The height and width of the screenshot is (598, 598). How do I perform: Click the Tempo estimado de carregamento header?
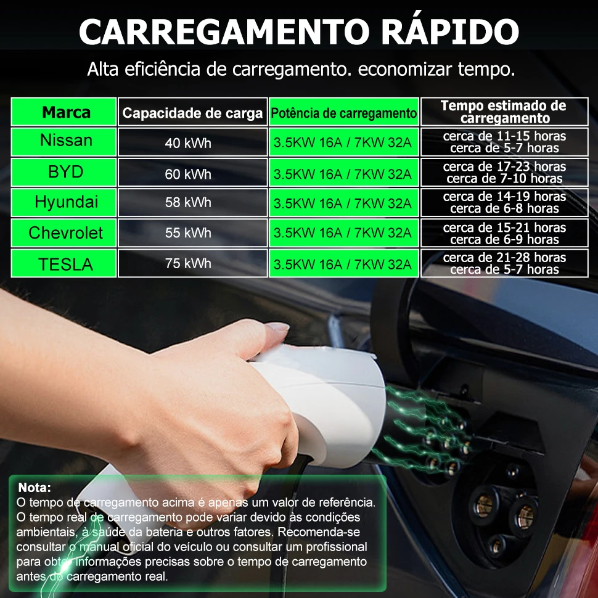click(x=504, y=112)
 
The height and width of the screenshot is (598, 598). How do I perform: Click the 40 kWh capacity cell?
click(x=188, y=144)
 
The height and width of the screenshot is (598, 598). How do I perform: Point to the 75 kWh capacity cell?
click(x=188, y=264)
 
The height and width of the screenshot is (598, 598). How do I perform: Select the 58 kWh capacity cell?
click(x=188, y=203)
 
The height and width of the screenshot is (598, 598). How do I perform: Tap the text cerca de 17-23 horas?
click(x=504, y=166)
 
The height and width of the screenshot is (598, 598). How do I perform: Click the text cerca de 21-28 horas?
click(x=504, y=258)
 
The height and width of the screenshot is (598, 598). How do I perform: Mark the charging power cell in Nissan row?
click(x=343, y=143)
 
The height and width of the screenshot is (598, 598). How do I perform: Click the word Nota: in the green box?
click(x=35, y=488)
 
